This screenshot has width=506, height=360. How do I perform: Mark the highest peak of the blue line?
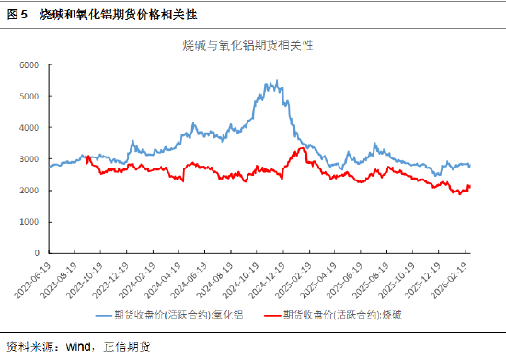click(277, 81)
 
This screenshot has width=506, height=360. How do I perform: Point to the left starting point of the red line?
click(86, 157)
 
